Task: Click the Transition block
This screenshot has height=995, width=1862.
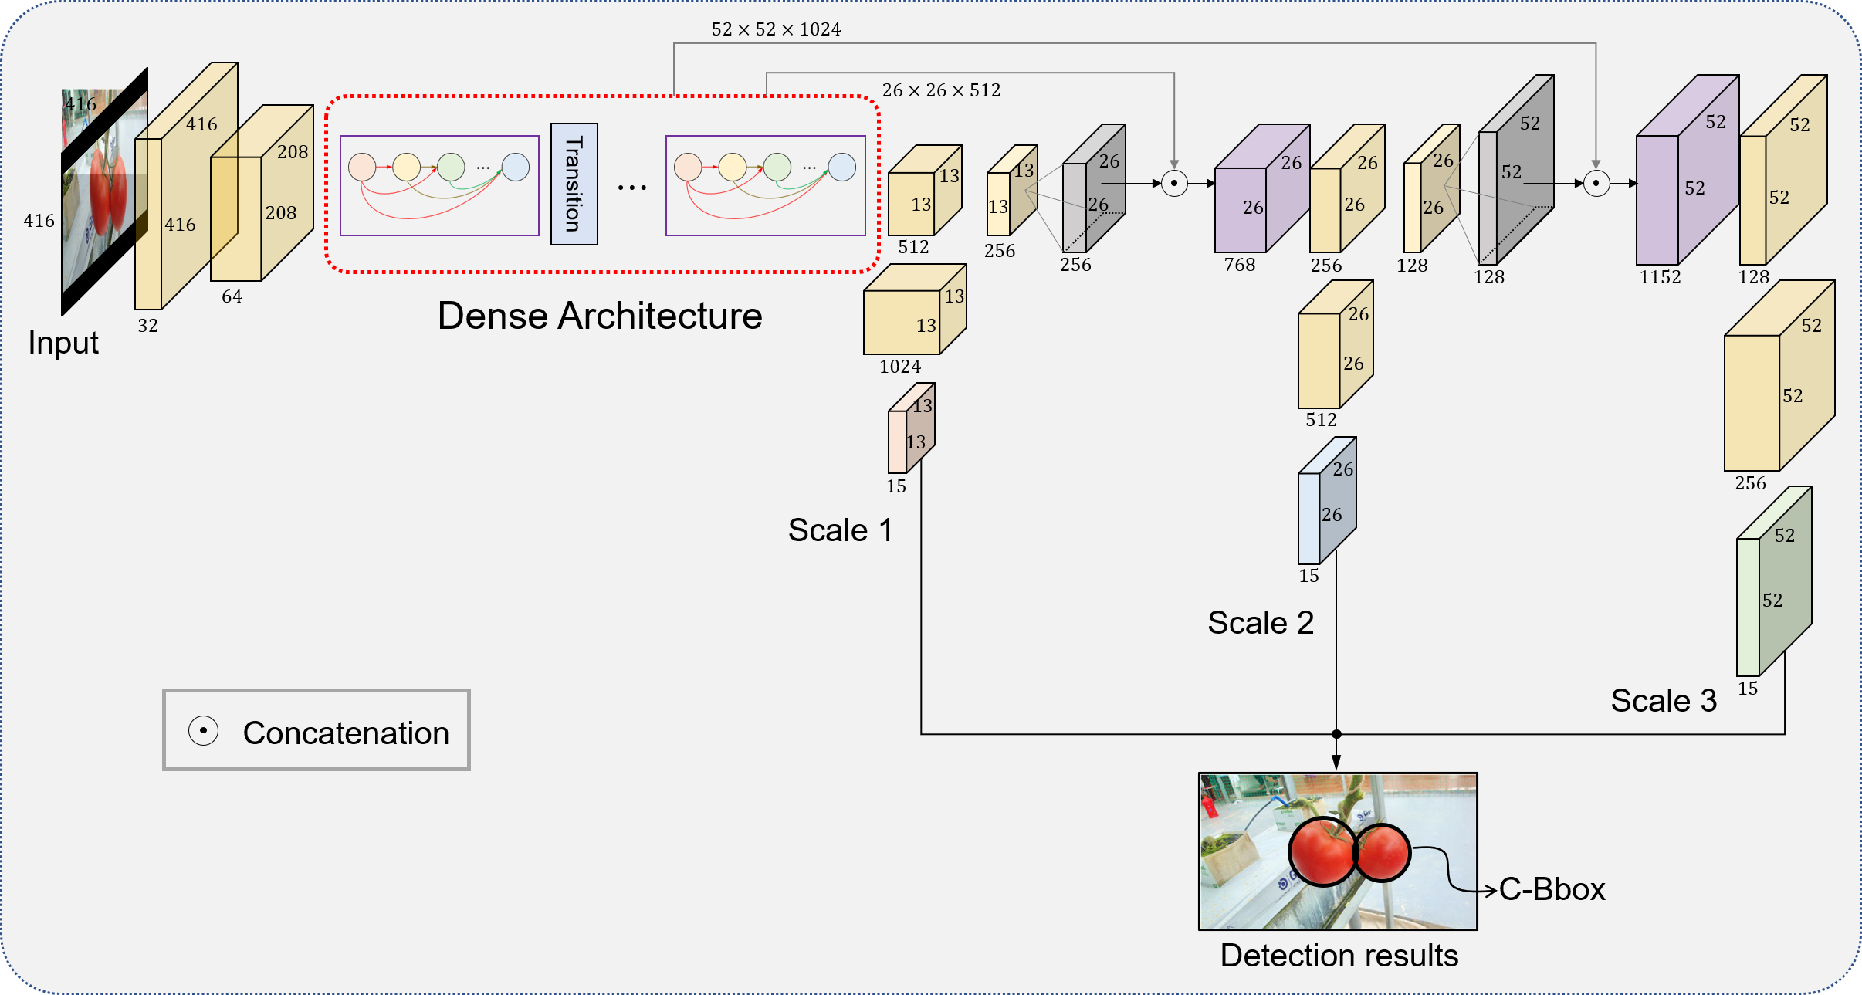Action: [x=574, y=184]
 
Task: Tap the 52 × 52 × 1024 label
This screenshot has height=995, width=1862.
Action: [x=776, y=29]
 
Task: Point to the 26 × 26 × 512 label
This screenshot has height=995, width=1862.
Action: [x=941, y=90]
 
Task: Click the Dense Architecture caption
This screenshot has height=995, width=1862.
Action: [x=600, y=316]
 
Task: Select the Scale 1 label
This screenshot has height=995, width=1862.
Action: [x=840, y=530]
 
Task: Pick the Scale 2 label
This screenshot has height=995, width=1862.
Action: [x=1261, y=623]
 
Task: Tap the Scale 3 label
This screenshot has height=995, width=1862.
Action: [x=1664, y=701]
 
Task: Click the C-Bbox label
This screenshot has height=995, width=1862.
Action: [x=1552, y=889]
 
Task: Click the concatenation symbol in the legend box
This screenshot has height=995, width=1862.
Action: [x=204, y=730]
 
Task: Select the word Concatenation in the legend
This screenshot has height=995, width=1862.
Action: [x=346, y=733]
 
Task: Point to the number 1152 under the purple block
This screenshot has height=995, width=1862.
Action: [x=1660, y=277]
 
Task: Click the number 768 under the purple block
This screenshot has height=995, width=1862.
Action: [x=1240, y=265]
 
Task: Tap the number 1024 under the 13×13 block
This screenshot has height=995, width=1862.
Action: [x=900, y=367]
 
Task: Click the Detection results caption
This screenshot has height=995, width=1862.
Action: [x=1339, y=956]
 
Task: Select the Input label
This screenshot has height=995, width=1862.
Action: [x=63, y=343]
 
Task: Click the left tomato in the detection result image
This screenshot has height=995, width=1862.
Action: [x=1322, y=851]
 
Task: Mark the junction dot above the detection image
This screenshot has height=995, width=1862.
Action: [x=1336, y=734]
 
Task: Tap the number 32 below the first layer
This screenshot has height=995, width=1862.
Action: [x=147, y=326]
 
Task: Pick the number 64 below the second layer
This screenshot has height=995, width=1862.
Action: [x=232, y=296]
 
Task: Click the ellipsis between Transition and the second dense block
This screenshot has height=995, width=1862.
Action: [x=632, y=188]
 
